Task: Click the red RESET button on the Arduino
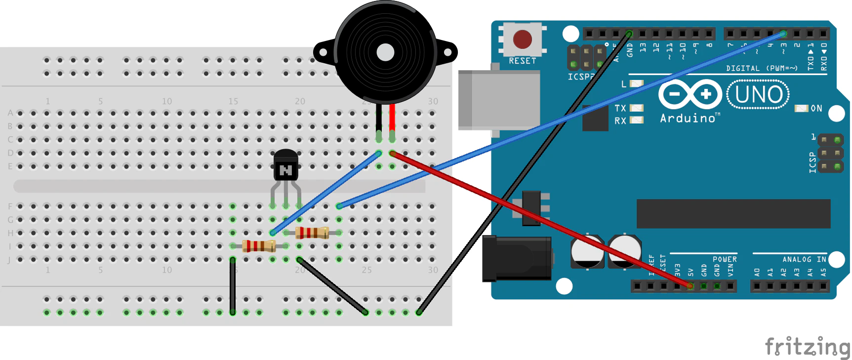522,40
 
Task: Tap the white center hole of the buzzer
385,52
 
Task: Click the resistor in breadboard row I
259,245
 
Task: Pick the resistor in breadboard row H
312,232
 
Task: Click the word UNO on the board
758,94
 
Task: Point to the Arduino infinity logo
690,94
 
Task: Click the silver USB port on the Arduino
499,100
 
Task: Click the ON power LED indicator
801,108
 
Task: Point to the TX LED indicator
637,108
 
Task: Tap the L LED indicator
637,84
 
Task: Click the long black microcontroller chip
733,214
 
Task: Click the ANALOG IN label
804,259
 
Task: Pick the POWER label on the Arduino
724,259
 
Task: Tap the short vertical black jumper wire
233,285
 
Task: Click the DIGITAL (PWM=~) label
762,68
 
